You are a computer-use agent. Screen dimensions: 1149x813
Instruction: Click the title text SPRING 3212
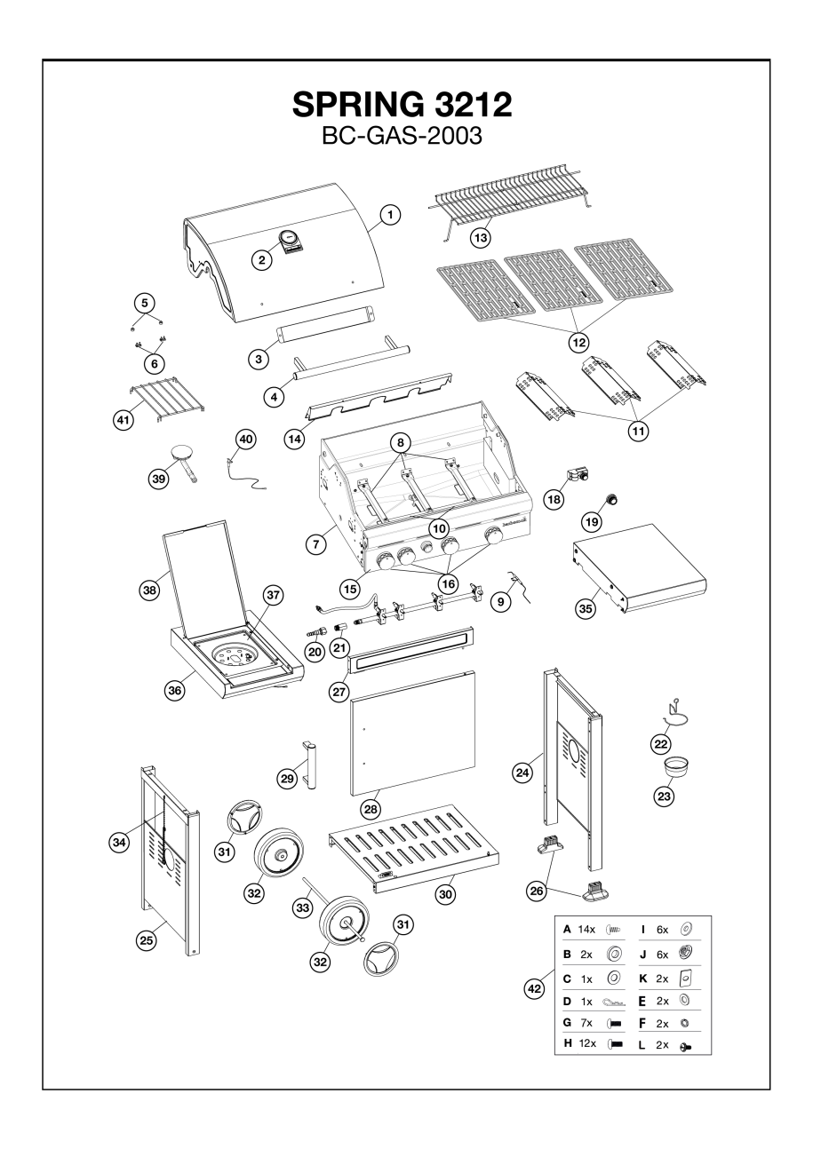403,106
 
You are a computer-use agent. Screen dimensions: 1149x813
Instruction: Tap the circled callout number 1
389,215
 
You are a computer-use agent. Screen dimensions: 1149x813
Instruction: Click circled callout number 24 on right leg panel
525,773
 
